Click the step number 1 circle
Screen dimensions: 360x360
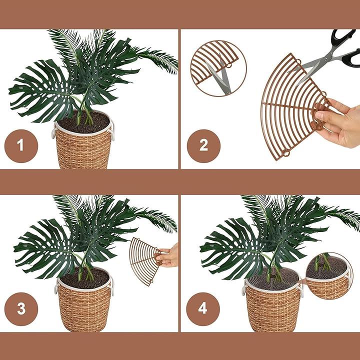pyautogui.click(x=21, y=146)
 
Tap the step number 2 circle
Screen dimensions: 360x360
pyautogui.click(x=203, y=146)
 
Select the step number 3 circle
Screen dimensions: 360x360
pyautogui.click(x=21, y=309)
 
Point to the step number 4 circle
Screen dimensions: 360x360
pyautogui.click(x=203, y=309)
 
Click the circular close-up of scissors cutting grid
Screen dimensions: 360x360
pyautogui.click(x=218, y=68)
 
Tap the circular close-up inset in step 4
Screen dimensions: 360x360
pyautogui.click(x=329, y=276)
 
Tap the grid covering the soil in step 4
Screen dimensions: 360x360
pyautogui.click(x=273, y=278)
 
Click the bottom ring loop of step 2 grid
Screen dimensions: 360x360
pyautogui.click(x=286, y=152)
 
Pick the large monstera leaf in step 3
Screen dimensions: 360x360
pyautogui.click(x=48, y=249)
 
